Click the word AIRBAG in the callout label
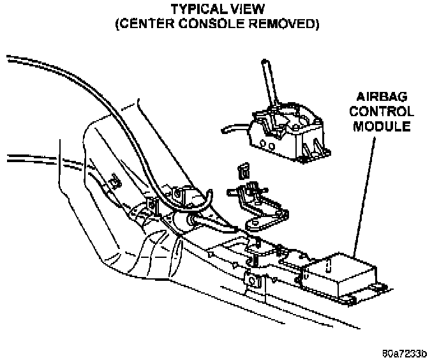(383, 97)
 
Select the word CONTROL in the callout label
(383, 111)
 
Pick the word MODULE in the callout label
(383, 126)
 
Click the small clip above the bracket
(243, 170)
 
